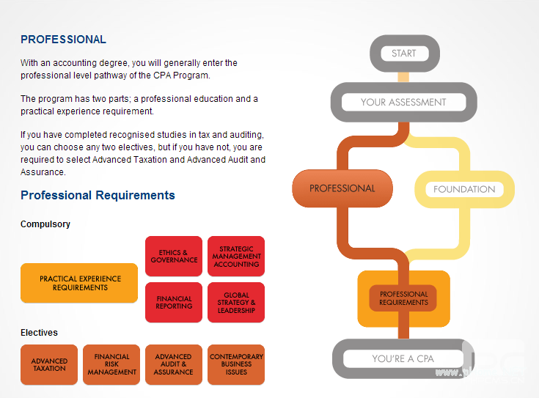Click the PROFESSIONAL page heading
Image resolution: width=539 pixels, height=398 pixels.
coord(63,40)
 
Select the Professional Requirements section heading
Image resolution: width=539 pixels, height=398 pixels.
coord(98,195)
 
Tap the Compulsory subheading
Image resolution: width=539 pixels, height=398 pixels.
coord(45,224)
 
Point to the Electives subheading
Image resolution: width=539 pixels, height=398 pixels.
coord(39,333)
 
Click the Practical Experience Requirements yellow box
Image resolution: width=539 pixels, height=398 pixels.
coord(79,283)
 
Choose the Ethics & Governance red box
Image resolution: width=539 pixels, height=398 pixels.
coord(174,257)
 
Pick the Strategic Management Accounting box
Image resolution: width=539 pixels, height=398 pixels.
coord(236,257)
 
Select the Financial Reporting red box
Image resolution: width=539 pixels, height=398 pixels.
coord(174,302)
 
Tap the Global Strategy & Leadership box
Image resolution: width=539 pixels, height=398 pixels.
coord(236,302)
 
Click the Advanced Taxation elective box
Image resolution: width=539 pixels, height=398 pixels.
coord(49,364)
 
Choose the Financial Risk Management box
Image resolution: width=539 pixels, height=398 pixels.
coord(111,364)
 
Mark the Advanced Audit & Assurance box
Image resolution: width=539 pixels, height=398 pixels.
coord(174,364)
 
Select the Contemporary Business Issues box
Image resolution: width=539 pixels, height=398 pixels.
coord(236,364)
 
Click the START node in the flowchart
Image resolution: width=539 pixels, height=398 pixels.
coord(403,54)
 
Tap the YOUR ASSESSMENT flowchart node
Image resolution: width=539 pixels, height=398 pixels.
coord(403,102)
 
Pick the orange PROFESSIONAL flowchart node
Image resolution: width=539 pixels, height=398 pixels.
coord(342,188)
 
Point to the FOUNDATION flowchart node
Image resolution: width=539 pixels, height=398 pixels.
coord(464,189)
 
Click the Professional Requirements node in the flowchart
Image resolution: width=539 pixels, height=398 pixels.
coord(403,298)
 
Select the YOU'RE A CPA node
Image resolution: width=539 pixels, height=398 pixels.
coord(403,358)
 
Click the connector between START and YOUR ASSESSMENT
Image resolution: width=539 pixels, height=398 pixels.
coord(403,77)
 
